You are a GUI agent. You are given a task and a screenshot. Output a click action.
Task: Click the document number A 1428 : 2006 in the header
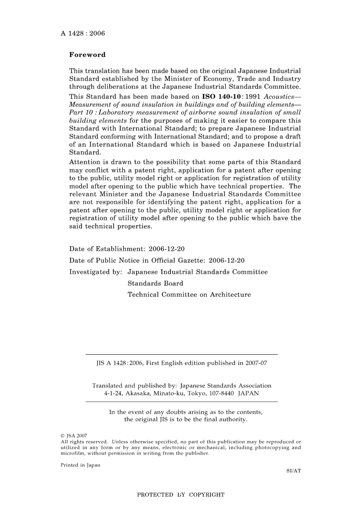(83, 33)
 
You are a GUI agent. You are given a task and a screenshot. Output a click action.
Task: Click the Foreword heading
(87, 55)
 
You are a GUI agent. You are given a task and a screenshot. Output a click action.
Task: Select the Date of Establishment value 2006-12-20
(167, 249)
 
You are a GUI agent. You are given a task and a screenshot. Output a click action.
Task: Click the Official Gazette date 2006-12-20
(227, 260)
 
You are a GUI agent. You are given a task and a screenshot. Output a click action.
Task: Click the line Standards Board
(155, 283)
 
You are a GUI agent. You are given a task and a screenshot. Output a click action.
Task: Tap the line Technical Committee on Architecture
(189, 295)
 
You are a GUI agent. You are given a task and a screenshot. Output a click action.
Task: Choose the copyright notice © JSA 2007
(74, 436)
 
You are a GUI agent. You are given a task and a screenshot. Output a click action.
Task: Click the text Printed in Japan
(80, 465)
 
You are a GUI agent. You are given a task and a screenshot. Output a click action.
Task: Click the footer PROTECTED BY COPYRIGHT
(181, 494)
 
